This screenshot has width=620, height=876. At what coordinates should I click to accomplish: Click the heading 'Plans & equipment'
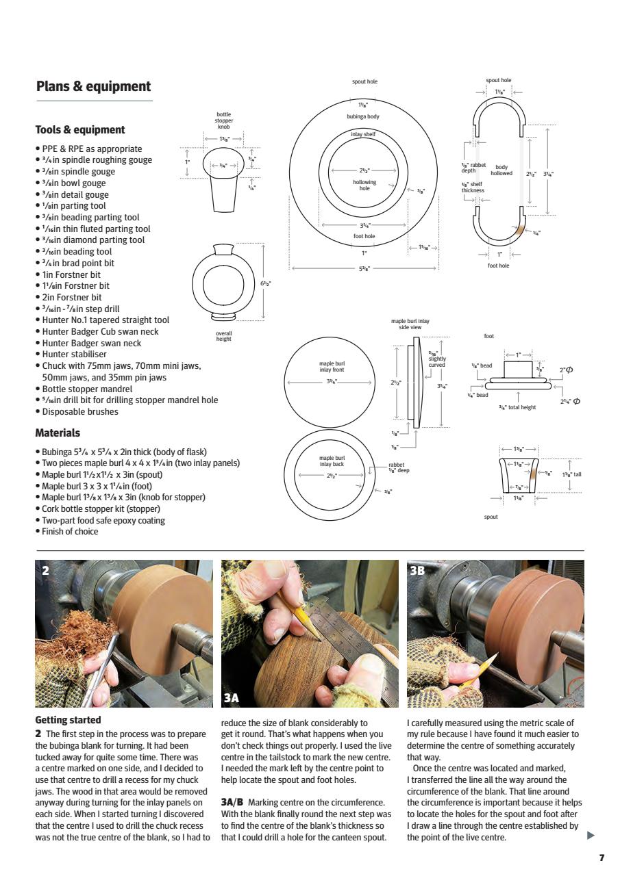click(x=93, y=87)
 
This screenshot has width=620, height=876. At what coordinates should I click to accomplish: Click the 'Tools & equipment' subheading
click(x=80, y=130)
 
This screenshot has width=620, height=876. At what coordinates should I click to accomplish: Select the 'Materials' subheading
click(x=58, y=433)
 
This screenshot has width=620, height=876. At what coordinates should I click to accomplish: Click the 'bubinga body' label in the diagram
click(x=363, y=116)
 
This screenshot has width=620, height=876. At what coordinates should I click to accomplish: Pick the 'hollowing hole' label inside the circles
click(x=364, y=185)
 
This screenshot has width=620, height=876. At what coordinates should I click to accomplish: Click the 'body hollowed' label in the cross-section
click(x=501, y=170)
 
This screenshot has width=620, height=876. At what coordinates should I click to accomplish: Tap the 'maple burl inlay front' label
click(x=331, y=367)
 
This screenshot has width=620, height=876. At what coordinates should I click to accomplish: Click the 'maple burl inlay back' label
click(x=331, y=461)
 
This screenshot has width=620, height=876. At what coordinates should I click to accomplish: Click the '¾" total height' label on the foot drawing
click(x=517, y=407)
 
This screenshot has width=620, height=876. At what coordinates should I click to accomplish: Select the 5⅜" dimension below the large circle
click(x=364, y=268)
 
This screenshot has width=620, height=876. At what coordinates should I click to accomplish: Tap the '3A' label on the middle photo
click(x=232, y=697)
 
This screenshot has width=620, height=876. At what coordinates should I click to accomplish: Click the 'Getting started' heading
click(x=68, y=720)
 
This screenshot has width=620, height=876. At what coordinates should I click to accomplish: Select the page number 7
click(x=602, y=858)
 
